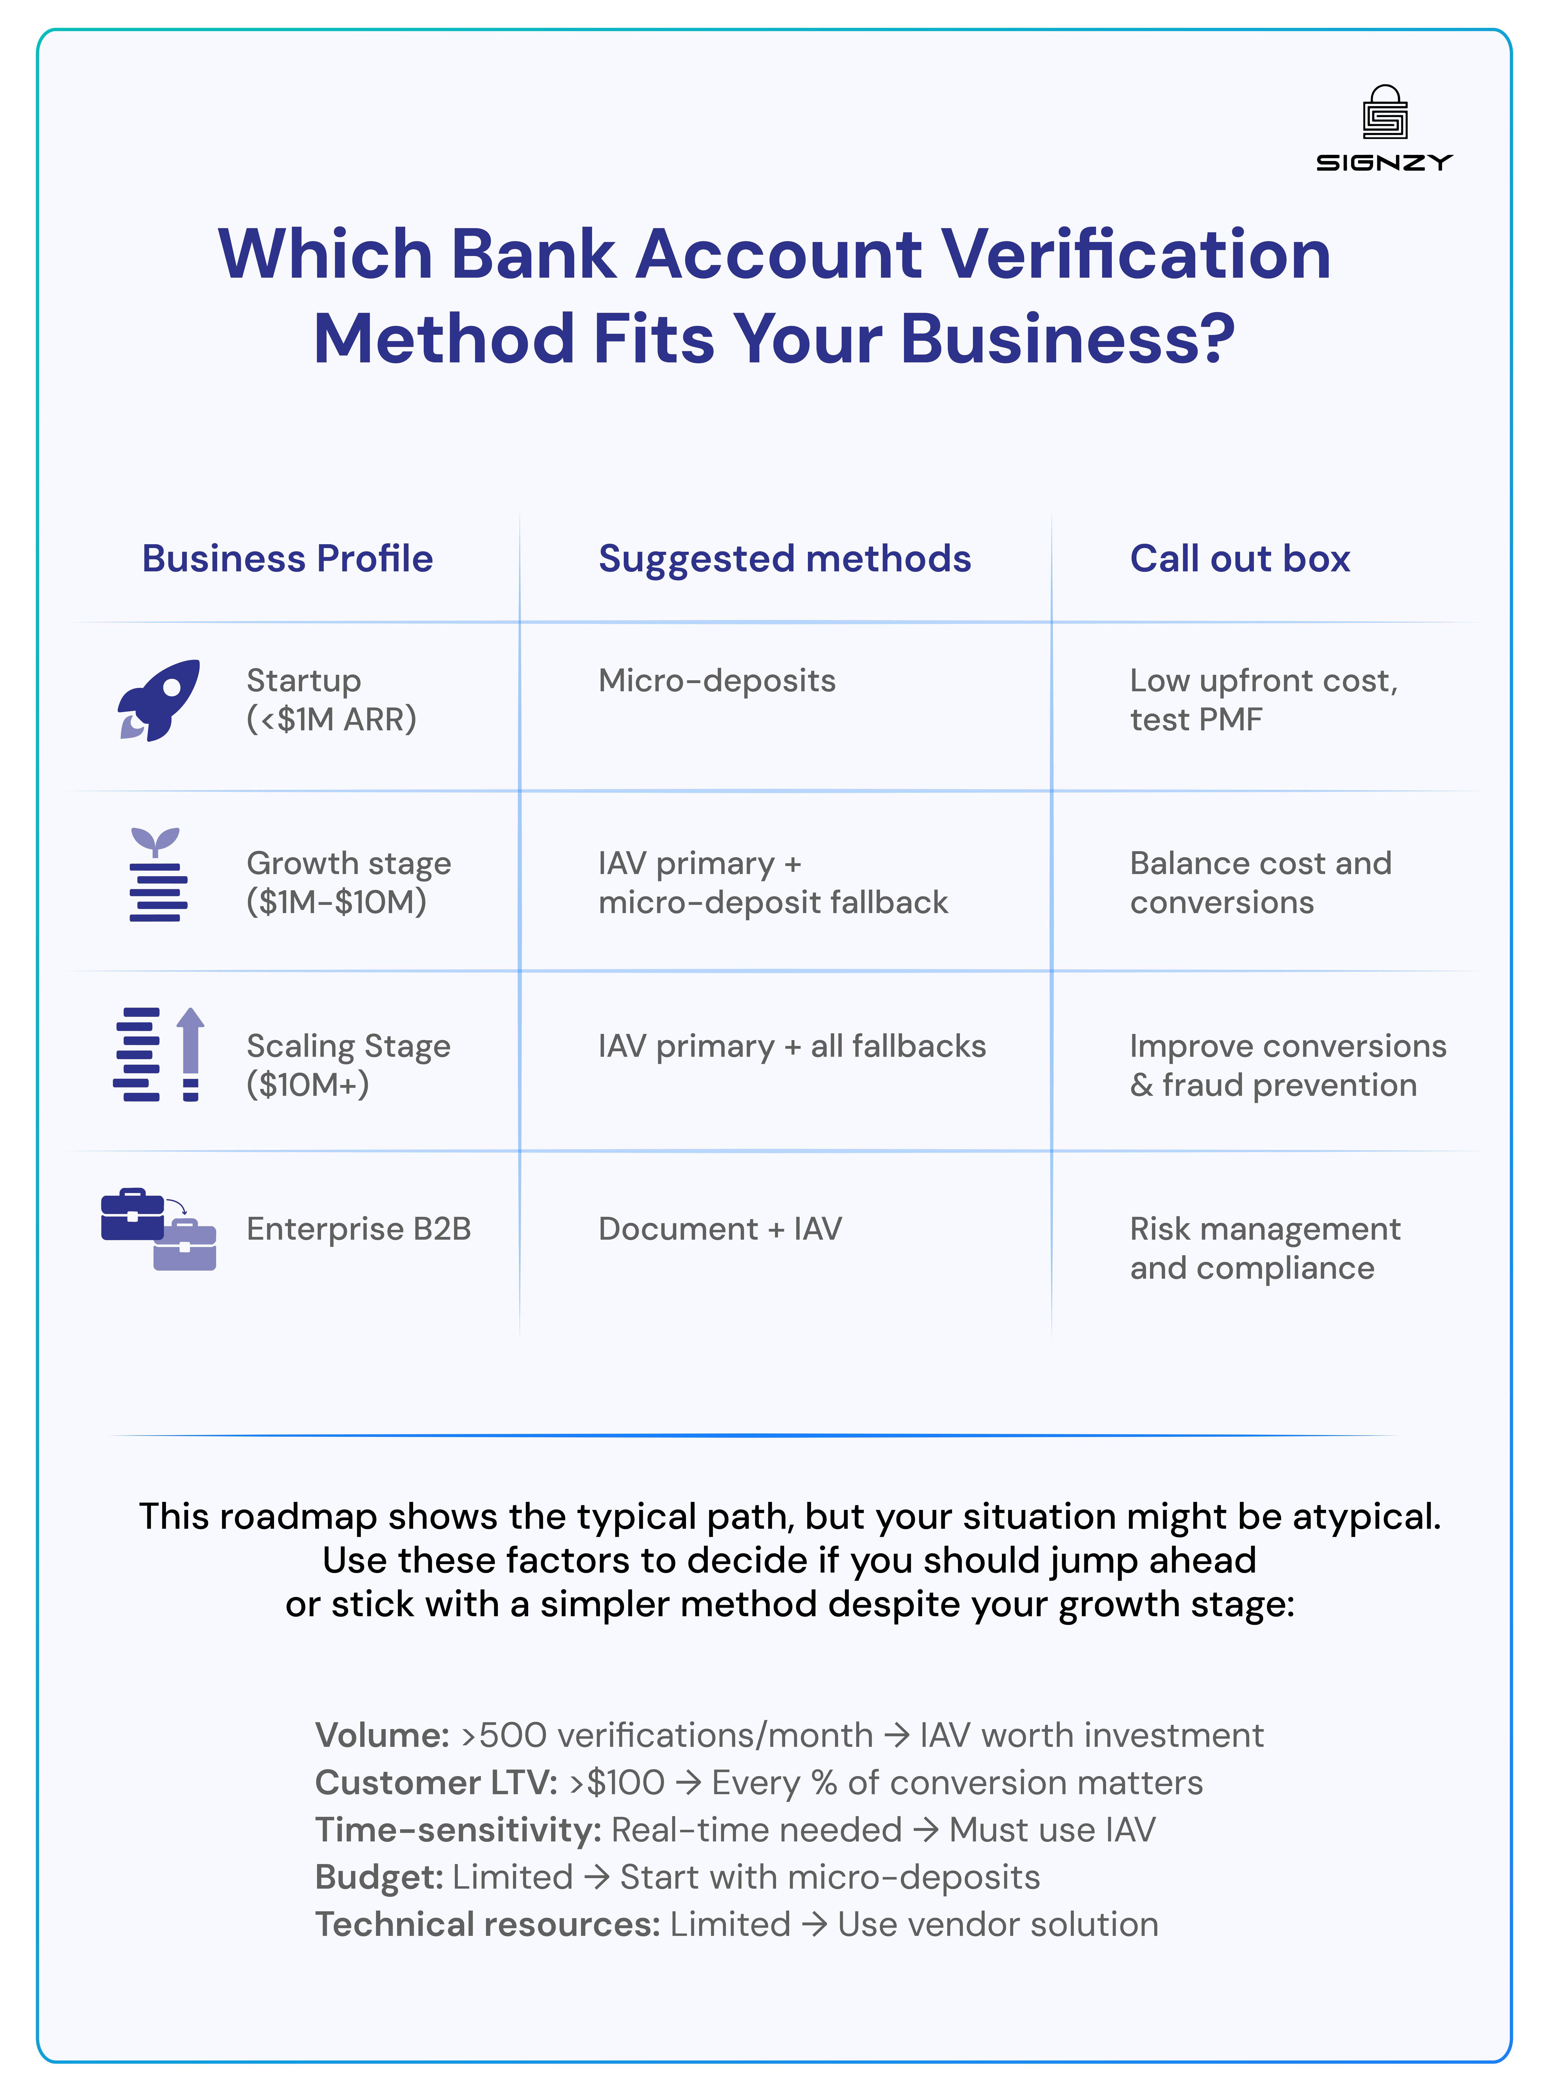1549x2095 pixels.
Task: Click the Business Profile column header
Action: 287,559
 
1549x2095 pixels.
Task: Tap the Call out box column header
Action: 1240,559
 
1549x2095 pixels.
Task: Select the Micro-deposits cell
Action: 716,681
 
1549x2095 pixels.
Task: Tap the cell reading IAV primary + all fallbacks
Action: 792,1046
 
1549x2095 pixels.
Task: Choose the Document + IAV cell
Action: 719,1229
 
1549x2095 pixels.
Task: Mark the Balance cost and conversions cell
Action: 1260,883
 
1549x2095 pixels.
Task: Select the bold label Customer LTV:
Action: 436,1783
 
